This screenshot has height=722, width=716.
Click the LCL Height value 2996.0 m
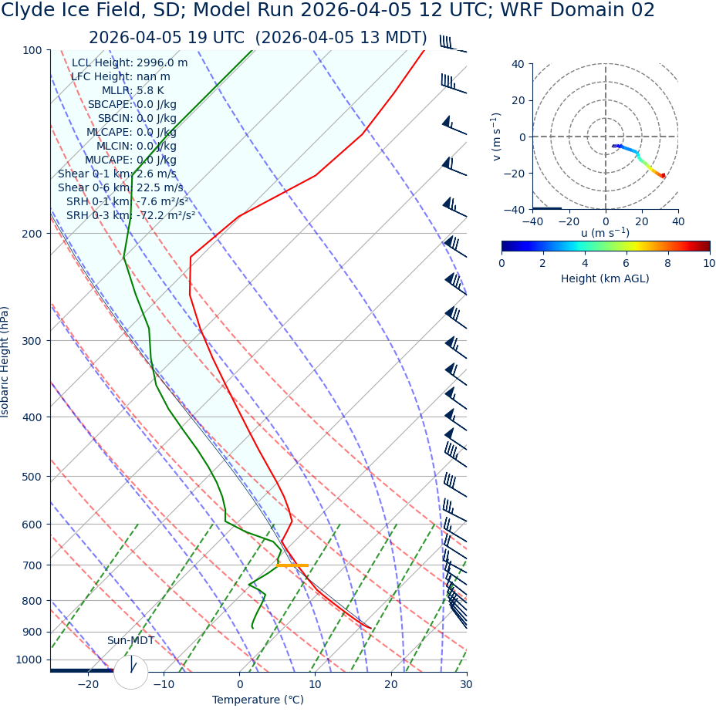coord(162,63)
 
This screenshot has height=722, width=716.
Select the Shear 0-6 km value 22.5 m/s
coord(160,187)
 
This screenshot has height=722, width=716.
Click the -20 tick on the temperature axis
coord(88,685)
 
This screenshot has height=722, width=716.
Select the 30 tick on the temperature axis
coord(466,685)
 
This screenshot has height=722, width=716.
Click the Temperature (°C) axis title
coord(258,700)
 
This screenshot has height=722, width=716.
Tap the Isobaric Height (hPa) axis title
coord(5,362)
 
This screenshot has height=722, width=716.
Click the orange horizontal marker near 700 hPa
coord(292,565)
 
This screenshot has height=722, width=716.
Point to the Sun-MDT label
coord(130,641)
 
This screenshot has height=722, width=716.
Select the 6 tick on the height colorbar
coord(626,263)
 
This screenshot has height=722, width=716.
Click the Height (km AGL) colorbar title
coord(605,278)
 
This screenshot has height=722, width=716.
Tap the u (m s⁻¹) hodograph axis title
coord(605,233)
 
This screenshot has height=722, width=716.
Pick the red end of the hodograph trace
coord(663,177)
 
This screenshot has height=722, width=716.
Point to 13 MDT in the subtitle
coord(393,38)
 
